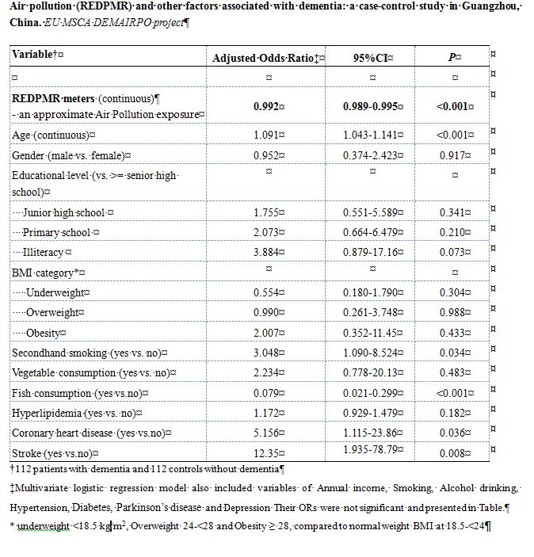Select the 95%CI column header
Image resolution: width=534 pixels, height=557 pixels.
click(371, 58)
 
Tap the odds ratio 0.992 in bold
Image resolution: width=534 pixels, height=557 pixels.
click(266, 107)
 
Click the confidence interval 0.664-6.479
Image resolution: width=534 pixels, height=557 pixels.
click(371, 232)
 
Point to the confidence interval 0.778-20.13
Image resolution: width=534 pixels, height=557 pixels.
click(371, 372)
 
